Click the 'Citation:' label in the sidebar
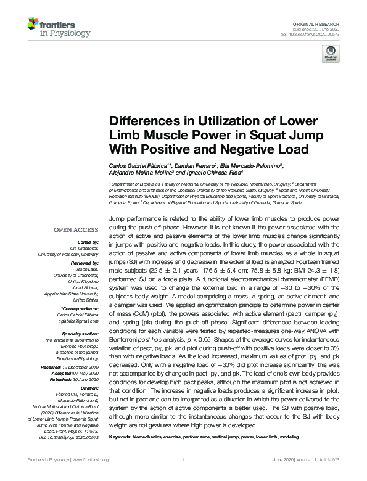click(89, 388)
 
